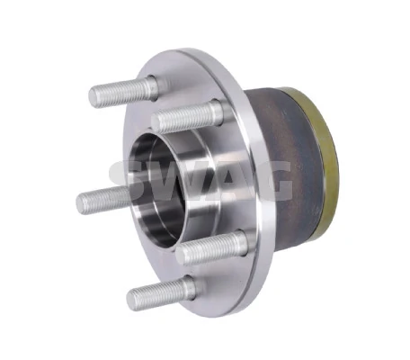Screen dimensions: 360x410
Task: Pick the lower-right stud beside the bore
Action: point(212,247)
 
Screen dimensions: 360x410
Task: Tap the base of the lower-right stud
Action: point(236,241)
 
